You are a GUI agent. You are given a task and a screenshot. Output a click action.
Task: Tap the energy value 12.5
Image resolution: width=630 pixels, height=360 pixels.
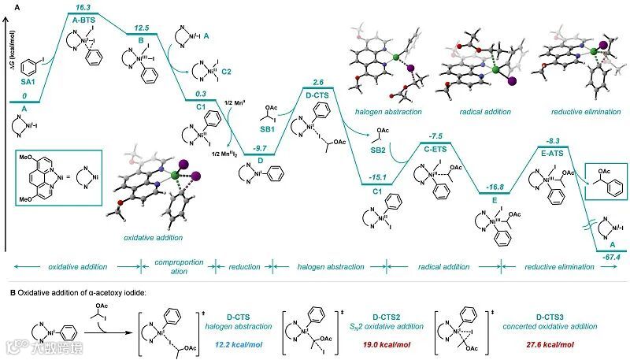tap(143, 26)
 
